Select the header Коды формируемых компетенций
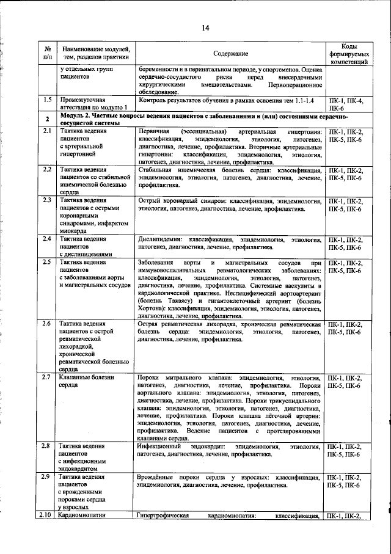point(349,54)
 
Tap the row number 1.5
point(46,99)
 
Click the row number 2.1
point(46,132)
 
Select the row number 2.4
point(46,239)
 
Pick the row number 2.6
point(46,324)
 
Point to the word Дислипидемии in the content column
point(161,239)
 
